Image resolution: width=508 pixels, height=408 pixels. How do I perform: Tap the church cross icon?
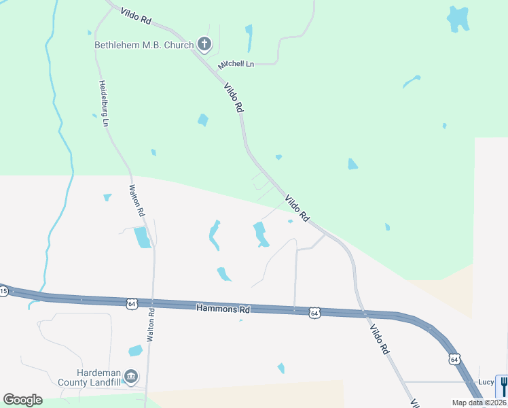[x=204, y=45]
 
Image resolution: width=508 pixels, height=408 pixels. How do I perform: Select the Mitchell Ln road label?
[x=236, y=65]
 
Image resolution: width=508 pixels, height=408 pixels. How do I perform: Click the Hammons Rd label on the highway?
[x=223, y=309]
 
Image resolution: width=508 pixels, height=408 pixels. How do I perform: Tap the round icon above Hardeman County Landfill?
[x=131, y=376]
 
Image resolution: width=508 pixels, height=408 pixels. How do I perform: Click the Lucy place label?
[x=486, y=382]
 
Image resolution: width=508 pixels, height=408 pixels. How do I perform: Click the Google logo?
[x=22, y=400]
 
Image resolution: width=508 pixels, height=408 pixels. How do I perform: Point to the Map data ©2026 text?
[x=479, y=403]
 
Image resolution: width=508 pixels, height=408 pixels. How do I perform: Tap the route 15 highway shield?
[x=3, y=292]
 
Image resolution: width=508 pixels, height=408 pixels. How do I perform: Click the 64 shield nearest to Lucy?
[x=454, y=358]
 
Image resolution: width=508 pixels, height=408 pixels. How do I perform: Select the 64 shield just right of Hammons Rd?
[x=313, y=313]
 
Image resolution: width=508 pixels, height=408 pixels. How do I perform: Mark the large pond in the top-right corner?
[x=458, y=18]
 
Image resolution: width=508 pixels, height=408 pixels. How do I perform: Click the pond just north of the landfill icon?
[x=135, y=351]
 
